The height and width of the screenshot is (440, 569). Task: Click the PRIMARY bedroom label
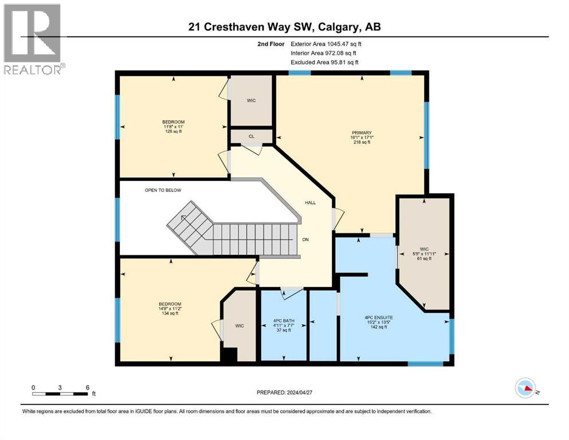coord(362,133)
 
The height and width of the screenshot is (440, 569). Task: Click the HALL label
coord(310,203)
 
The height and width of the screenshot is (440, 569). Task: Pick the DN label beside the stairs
coord(306,240)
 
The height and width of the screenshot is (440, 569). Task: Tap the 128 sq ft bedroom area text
coord(173,131)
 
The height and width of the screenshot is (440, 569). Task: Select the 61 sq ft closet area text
coord(424,258)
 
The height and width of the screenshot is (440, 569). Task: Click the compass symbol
coord(525,388)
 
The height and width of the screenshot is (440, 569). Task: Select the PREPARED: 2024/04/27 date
coord(284,392)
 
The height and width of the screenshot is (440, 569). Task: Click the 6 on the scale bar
coord(87,387)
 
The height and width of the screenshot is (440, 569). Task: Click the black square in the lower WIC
coord(229,355)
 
